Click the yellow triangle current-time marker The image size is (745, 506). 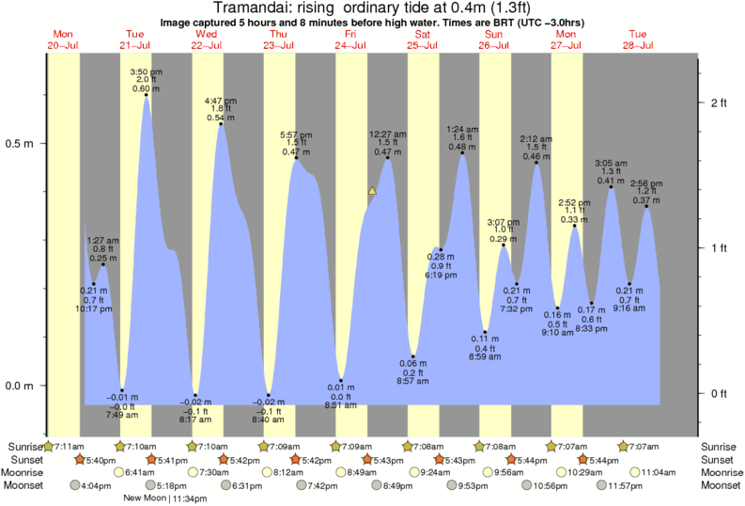(x=372, y=191)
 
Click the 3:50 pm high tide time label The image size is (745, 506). (x=147, y=71)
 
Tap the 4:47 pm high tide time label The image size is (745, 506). (x=220, y=100)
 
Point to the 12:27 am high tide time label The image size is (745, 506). (x=387, y=134)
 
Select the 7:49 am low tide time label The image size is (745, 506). (x=121, y=415)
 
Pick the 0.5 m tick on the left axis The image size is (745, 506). (x=20, y=144)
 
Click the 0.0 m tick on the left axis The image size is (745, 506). (x=20, y=386)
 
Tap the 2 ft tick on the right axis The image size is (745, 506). (x=719, y=102)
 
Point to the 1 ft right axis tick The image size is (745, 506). (x=719, y=248)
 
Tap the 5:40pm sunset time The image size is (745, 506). (x=101, y=459)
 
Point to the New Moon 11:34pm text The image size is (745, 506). (x=166, y=498)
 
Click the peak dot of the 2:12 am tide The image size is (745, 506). (x=536, y=163)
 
